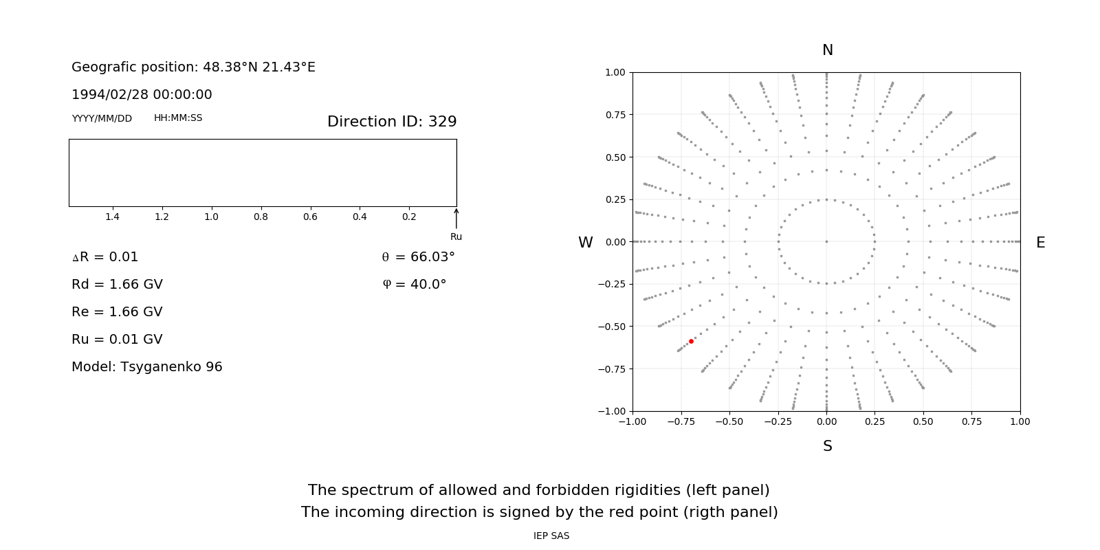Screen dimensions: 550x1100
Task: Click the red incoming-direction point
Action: tap(691, 341)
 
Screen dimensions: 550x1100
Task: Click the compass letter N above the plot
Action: tap(828, 50)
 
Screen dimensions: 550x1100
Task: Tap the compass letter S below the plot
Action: tap(828, 446)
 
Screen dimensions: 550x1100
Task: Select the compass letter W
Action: tap(585, 243)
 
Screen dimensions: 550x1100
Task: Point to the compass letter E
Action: tap(1040, 243)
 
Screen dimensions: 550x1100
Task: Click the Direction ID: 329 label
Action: tap(392, 122)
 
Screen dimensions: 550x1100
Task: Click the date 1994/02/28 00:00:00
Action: tap(142, 95)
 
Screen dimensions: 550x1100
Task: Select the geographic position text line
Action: tap(193, 67)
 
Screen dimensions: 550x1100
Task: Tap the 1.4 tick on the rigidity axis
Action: tap(112, 217)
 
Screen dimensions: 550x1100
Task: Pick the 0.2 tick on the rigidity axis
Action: tap(409, 217)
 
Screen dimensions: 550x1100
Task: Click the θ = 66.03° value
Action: tap(418, 257)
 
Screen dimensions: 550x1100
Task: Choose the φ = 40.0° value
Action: tap(415, 285)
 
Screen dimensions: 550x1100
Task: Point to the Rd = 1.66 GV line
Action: tap(117, 285)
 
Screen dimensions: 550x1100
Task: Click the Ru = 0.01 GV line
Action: tap(117, 340)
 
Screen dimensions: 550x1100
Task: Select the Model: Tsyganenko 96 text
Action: tap(147, 367)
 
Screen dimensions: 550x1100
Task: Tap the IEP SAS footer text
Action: tap(551, 536)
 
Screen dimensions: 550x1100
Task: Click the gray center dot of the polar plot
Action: tap(826, 241)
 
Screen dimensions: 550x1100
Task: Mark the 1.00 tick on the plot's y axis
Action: tap(615, 72)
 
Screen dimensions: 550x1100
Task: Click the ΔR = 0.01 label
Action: tap(105, 257)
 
